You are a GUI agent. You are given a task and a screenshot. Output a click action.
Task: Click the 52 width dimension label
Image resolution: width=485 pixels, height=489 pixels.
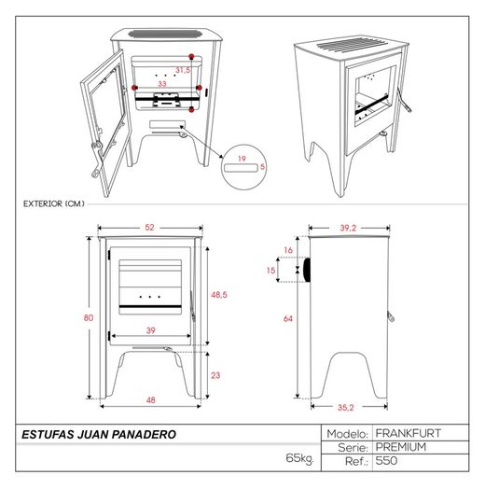149,228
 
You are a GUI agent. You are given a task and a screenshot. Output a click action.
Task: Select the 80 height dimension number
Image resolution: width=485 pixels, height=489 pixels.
89,318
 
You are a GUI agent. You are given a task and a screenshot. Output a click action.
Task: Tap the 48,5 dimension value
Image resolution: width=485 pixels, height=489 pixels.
219,295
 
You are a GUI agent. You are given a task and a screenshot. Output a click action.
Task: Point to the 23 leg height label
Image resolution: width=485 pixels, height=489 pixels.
215,375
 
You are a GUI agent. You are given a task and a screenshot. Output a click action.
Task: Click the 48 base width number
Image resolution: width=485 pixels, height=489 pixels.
150,399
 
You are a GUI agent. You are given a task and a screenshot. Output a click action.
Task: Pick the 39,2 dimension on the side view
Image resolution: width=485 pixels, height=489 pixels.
348,228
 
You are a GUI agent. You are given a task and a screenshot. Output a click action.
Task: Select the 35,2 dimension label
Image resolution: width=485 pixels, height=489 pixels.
346,407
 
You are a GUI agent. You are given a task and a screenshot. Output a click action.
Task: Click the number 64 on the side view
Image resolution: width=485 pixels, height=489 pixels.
288,318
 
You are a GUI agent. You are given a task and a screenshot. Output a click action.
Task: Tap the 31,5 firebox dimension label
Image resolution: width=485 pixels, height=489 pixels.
183,70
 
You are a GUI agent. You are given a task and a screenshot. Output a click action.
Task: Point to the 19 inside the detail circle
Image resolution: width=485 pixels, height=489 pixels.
242,159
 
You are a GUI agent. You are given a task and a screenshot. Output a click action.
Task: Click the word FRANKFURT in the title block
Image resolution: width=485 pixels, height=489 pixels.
409,433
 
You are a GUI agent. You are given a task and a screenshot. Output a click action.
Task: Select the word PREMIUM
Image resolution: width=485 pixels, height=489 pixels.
401,447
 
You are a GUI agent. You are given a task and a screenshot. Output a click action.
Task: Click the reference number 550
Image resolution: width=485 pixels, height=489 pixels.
386,461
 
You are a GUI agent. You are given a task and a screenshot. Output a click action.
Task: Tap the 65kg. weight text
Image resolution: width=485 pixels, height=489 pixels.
299,458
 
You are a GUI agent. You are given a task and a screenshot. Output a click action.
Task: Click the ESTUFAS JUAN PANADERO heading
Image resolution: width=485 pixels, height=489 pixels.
99,435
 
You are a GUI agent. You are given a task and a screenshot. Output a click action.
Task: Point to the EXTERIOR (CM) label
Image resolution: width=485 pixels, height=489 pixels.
54,203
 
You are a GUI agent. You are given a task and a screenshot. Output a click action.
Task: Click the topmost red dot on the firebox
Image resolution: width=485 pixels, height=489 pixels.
192,56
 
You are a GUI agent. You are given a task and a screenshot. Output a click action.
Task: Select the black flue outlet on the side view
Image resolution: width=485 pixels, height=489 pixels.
307,270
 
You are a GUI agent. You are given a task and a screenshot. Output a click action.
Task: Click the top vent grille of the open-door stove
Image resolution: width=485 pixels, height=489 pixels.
164,34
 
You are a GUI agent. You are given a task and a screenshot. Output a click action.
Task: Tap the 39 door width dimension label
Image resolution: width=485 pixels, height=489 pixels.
151,330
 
